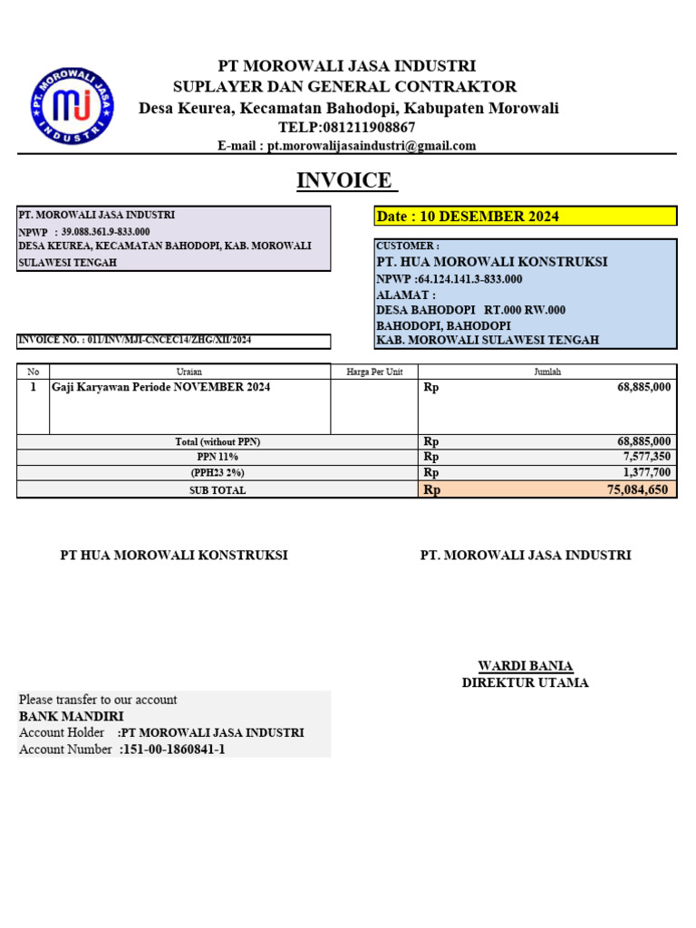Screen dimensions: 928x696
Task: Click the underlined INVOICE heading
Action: pyautogui.click(x=347, y=180)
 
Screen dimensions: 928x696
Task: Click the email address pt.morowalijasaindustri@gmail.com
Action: pyautogui.click(x=372, y=146)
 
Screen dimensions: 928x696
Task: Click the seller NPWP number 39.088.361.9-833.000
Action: pyautogui.click(x=106, y=232)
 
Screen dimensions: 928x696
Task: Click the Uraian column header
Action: pyautogui.click(x=189, y=372)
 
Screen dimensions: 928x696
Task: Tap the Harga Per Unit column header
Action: pyautogui.click(x=374, y=372)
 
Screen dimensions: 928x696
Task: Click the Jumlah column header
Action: pyautogui.click(x=546, y=372)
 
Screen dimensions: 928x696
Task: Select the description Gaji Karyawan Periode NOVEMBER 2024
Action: pyautogui.click(x=161, y=387)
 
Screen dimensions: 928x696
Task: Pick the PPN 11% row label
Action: pyautogui.click(x=217, y=457)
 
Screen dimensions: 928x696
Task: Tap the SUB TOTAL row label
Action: pyautogui.click(x=217, y=490)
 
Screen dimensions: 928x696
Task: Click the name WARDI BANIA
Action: pyautogui.click(x=525, y=666)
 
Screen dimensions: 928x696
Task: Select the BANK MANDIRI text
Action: pyautogui.click(x=71, y=716)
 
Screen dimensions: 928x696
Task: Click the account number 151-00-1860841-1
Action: pyautogui.click(x=172, y=749)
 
